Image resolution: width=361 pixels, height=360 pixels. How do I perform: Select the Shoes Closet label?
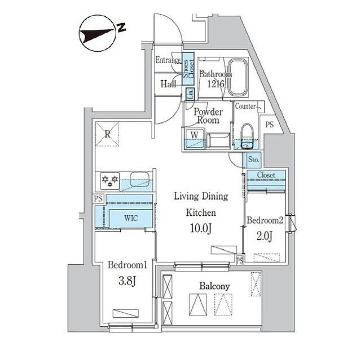(x=188, y=68)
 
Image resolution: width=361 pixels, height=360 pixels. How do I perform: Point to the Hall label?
(x=168, y=84)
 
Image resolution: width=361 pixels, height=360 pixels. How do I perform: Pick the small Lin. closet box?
(x=190, y=94)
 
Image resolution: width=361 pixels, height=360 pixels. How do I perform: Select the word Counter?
(x=245, y=106)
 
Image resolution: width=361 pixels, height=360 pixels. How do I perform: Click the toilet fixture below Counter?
(x=246, y=136)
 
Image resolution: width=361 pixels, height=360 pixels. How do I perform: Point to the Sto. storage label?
(x=253, y=159)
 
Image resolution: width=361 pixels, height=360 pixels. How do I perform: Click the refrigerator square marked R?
(x=107, y=134)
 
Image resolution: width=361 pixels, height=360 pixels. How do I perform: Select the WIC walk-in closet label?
(x=130, y=217)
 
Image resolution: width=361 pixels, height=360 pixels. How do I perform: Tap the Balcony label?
(x=214, y=286)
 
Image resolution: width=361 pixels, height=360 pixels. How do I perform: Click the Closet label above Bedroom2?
(x=266, y=175)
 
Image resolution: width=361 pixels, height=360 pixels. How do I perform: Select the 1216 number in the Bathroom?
(x=216, y=85)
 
